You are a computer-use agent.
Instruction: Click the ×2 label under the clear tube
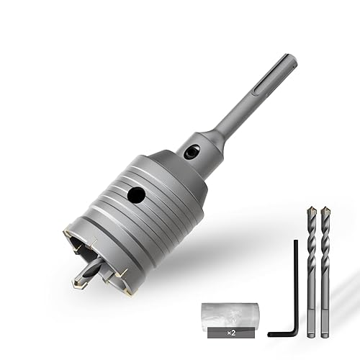click(x=231, y=333)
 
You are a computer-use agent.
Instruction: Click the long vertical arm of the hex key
click(x=296, y=286)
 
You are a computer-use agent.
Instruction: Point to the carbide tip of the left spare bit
click(x=311, y=211)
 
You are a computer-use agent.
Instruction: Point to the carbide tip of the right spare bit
click(x=325, y=211)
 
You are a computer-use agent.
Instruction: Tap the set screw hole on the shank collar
click(x=192, y=152)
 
